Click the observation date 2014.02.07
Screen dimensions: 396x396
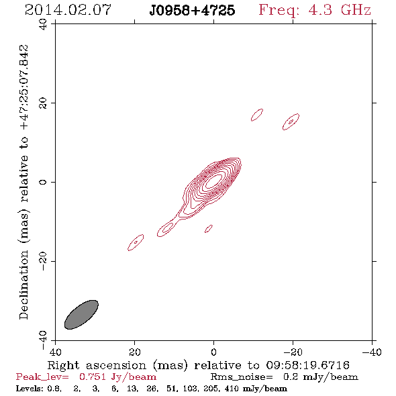coord(68,10)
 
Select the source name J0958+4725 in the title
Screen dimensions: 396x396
coord(192,11)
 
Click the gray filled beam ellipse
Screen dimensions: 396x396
coord(81,315)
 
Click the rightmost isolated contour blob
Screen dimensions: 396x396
coord(291,121)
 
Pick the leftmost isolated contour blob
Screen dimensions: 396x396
coord(136,242)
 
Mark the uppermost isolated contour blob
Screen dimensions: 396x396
coord(257,115)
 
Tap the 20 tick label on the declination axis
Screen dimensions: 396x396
coord(43,103)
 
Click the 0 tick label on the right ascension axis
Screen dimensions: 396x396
coord(213,352)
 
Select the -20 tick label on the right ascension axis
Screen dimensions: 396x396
coord(293,352)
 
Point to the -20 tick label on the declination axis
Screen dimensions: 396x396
coord(43,261)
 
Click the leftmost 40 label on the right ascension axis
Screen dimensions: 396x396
coord(55,352)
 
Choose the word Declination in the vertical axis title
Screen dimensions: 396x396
coord(23,285)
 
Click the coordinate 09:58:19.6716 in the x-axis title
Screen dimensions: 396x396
coord(308,365)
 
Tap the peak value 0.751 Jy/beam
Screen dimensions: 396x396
coord(117,377)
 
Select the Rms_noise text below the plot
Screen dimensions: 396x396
coord(242,377)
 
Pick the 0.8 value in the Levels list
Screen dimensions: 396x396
coord(55,389)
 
